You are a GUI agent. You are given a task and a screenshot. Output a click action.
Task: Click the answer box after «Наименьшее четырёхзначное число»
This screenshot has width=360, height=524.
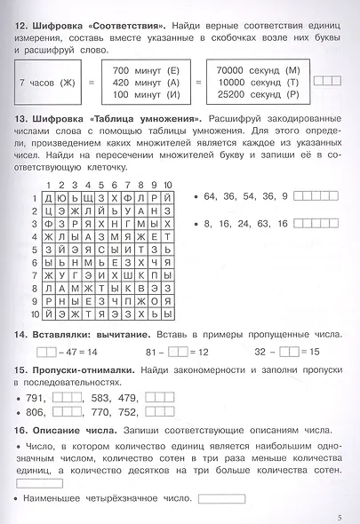[222, 498]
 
